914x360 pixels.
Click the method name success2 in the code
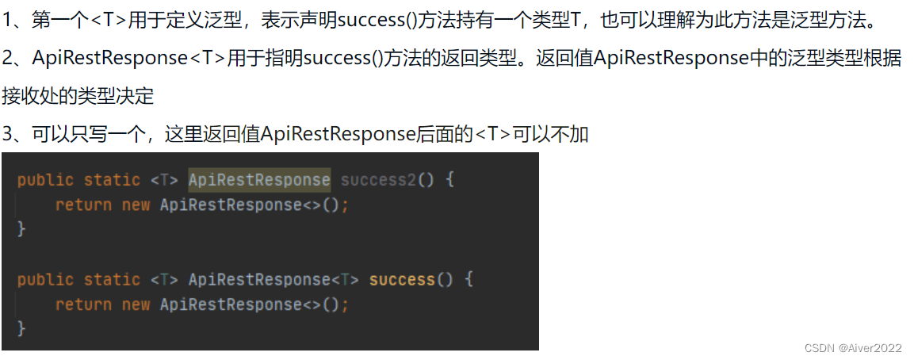378,180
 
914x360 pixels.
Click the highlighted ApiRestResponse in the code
259,180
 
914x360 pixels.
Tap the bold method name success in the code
402,280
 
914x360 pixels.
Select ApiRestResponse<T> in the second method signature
274,280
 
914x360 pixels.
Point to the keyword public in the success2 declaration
45,180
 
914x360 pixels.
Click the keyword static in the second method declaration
112,280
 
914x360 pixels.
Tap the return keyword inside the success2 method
83,205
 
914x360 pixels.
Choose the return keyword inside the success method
83,304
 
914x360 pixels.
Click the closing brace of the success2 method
21,229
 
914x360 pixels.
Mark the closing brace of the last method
21,328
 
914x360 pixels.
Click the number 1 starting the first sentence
8,20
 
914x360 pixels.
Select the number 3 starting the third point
8,134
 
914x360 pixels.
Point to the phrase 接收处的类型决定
78,96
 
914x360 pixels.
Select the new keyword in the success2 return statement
136,205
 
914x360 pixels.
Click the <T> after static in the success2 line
164,180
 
